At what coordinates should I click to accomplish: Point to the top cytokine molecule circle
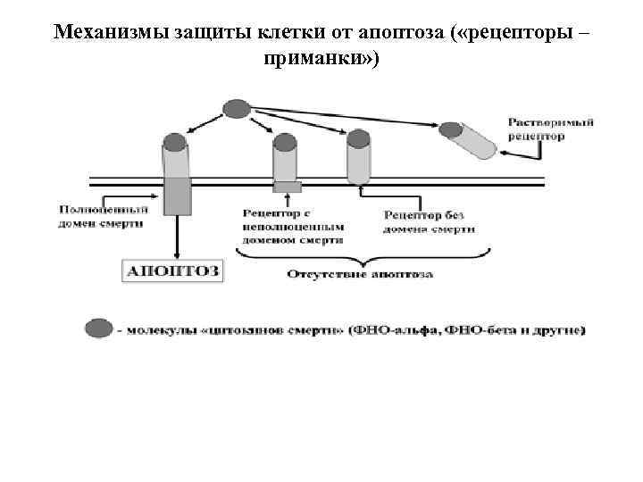[236, 109]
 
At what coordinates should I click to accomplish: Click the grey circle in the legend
[99, 328]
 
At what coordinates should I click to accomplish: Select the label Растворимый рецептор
[551, 129]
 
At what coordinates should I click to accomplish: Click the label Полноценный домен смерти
[99, 215]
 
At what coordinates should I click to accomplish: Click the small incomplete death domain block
[287, 187]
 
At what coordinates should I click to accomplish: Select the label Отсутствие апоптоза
[360, 273]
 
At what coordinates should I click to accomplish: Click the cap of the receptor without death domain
[358, 138]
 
